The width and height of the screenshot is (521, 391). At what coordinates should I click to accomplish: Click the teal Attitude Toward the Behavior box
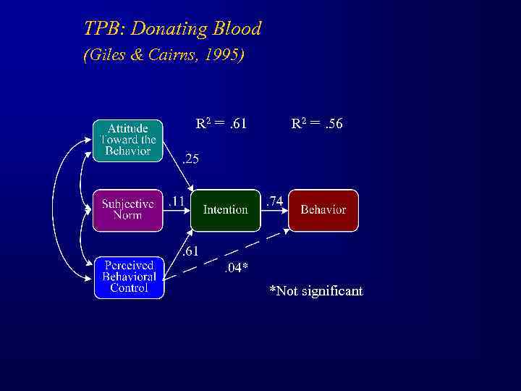[x=128, y=140]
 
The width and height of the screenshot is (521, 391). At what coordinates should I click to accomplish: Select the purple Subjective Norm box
[x=128, y=210]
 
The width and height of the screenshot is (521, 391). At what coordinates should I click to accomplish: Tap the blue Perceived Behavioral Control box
[x=130, y=277]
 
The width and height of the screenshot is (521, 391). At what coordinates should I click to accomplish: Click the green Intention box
[x=225, y=210]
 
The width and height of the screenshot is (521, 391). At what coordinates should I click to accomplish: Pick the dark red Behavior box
[x=323, y=210]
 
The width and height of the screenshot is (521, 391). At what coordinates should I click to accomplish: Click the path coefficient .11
[x=176, y=202]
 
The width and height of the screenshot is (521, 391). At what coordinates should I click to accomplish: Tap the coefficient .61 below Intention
[x=190, y=251]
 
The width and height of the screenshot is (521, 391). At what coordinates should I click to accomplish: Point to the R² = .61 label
[x=221, y=124]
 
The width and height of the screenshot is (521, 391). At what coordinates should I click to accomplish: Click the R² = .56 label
[x=317, y=124]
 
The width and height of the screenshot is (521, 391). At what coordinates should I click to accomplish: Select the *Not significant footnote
[x=316, y=291]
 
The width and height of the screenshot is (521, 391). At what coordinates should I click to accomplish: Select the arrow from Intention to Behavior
[x=274, y=210]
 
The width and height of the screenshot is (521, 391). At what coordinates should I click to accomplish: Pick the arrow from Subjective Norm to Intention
[x=178, y=210]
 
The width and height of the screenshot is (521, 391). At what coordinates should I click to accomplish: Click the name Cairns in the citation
[x=173, y=55]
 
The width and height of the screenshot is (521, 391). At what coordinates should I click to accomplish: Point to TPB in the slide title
[x=100, y=29]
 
